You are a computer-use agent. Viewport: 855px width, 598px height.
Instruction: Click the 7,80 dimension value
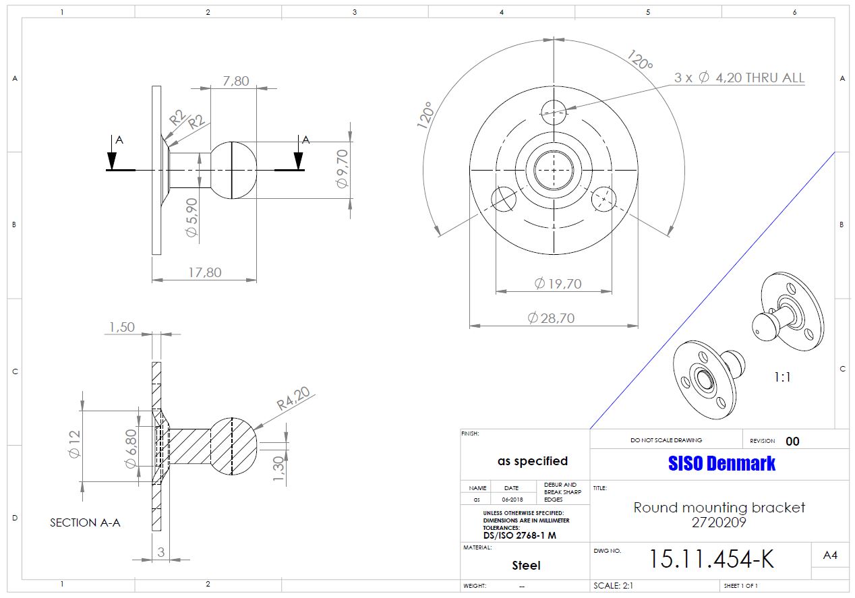pos(236,81)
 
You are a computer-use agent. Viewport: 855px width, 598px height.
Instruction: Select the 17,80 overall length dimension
pos(205,272)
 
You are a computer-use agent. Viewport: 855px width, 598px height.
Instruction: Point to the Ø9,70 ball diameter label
pos(343,169)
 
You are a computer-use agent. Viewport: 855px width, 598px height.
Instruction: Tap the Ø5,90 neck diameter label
pos(191,217)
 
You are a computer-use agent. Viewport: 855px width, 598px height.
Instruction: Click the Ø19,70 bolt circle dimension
pos(558,284)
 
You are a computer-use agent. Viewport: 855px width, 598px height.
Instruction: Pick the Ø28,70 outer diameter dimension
pos(551,318)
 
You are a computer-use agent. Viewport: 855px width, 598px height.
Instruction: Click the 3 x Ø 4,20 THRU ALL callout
pos(739,78)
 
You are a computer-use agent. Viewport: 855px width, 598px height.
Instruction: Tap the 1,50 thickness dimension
pos(122,327)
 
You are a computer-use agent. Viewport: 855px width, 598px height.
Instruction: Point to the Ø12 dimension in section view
pos(74,444)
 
